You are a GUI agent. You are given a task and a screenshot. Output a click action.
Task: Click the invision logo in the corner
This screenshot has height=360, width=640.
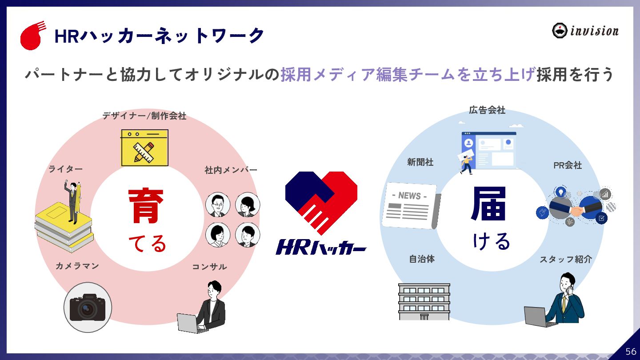click(x=585, y=31)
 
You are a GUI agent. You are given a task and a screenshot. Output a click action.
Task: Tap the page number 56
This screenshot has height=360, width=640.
click(x=631, y=352)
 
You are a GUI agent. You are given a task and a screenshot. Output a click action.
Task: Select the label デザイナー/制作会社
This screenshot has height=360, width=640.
click(x=144, y=116)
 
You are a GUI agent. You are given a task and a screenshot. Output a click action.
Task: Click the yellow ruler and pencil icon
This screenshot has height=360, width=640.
click(x=144, y=148)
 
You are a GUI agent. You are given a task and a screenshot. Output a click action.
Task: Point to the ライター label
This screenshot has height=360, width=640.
click(x=65, y=169)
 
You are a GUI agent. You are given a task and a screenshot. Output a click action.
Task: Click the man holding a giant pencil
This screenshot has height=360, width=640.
click(x=73, y=202)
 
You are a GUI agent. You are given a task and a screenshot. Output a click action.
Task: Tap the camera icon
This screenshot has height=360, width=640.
click(x=88, y=307)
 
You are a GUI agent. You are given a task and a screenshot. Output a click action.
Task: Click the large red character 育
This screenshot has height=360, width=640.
click(x=146, y=206)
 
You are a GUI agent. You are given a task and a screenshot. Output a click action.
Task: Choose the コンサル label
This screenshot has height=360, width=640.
click(x=209, y=267)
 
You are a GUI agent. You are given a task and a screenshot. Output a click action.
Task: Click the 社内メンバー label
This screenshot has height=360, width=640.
click(x=231, y=170)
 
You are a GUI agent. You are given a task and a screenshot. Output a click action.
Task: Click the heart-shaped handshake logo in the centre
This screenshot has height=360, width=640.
click(x=321, y=202)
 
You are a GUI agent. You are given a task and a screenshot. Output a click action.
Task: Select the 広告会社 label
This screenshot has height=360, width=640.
click(x=487, y=110)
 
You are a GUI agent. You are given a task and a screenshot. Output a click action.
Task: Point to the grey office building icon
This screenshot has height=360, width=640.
click(x=424, y=301)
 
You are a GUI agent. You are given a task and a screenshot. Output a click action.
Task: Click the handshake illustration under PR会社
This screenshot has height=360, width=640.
click(x=576, y=207)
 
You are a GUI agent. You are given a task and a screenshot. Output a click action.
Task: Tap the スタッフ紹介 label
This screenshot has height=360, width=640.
click(x=566, y=259)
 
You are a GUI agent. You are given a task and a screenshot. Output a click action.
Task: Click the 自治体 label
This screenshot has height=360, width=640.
click(x=422, y=259)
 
